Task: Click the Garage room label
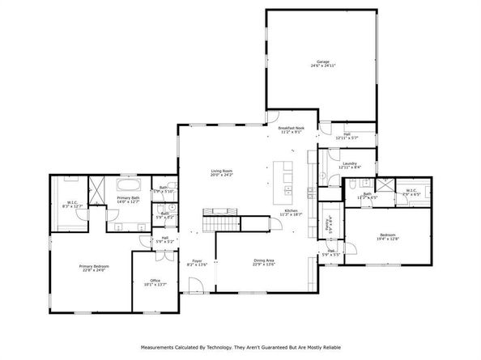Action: tap(323, 64)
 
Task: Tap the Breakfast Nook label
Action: tap(291, 129)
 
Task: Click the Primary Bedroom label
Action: tap(94, 268)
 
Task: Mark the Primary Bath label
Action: tap(129, 199)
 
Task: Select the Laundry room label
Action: tap(350, 165)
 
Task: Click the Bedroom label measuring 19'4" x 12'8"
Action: tap(388, 236)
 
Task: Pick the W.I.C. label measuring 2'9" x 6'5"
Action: tap(412, 193)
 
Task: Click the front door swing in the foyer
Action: tap(194, 285)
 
